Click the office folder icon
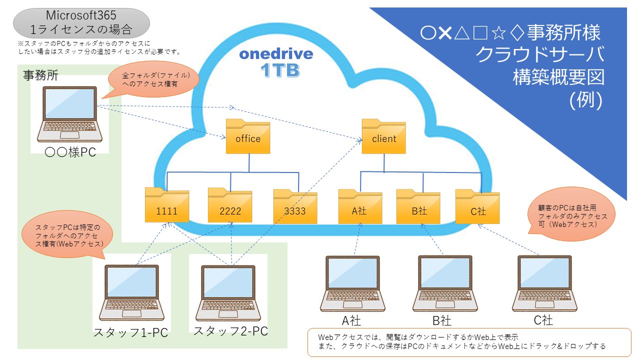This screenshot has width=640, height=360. [x=247, y=136]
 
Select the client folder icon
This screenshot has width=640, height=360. [x=383, y=136]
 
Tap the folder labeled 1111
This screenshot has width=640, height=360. [x=167, y=205]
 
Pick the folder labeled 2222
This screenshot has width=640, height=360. [x=230, y=205]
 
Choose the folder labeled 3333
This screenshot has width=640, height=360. [x=295, y=206]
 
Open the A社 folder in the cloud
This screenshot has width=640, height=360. [x=360, y=206]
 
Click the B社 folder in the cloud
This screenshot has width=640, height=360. [x=418, y=206]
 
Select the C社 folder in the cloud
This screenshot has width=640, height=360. [x=477, y=206]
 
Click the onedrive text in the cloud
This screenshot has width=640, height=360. [x=276, y=54]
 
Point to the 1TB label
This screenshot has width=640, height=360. [x=280, y=70]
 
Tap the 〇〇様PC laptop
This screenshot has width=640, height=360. [x=69, y=114]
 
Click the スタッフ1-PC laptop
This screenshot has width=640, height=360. [x=131, y=292]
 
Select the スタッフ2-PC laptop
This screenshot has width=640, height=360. [x=228, y=293]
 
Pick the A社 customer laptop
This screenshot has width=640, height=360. [x=352, y=283]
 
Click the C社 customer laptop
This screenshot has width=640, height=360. [x=544, y=283]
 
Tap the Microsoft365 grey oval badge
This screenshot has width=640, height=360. [x=81, y=23]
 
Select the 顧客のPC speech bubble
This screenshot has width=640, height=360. [x=571, y=214]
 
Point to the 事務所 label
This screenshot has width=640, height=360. [x=40, y=75]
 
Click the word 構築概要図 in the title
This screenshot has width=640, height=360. [x=558, y=77]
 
